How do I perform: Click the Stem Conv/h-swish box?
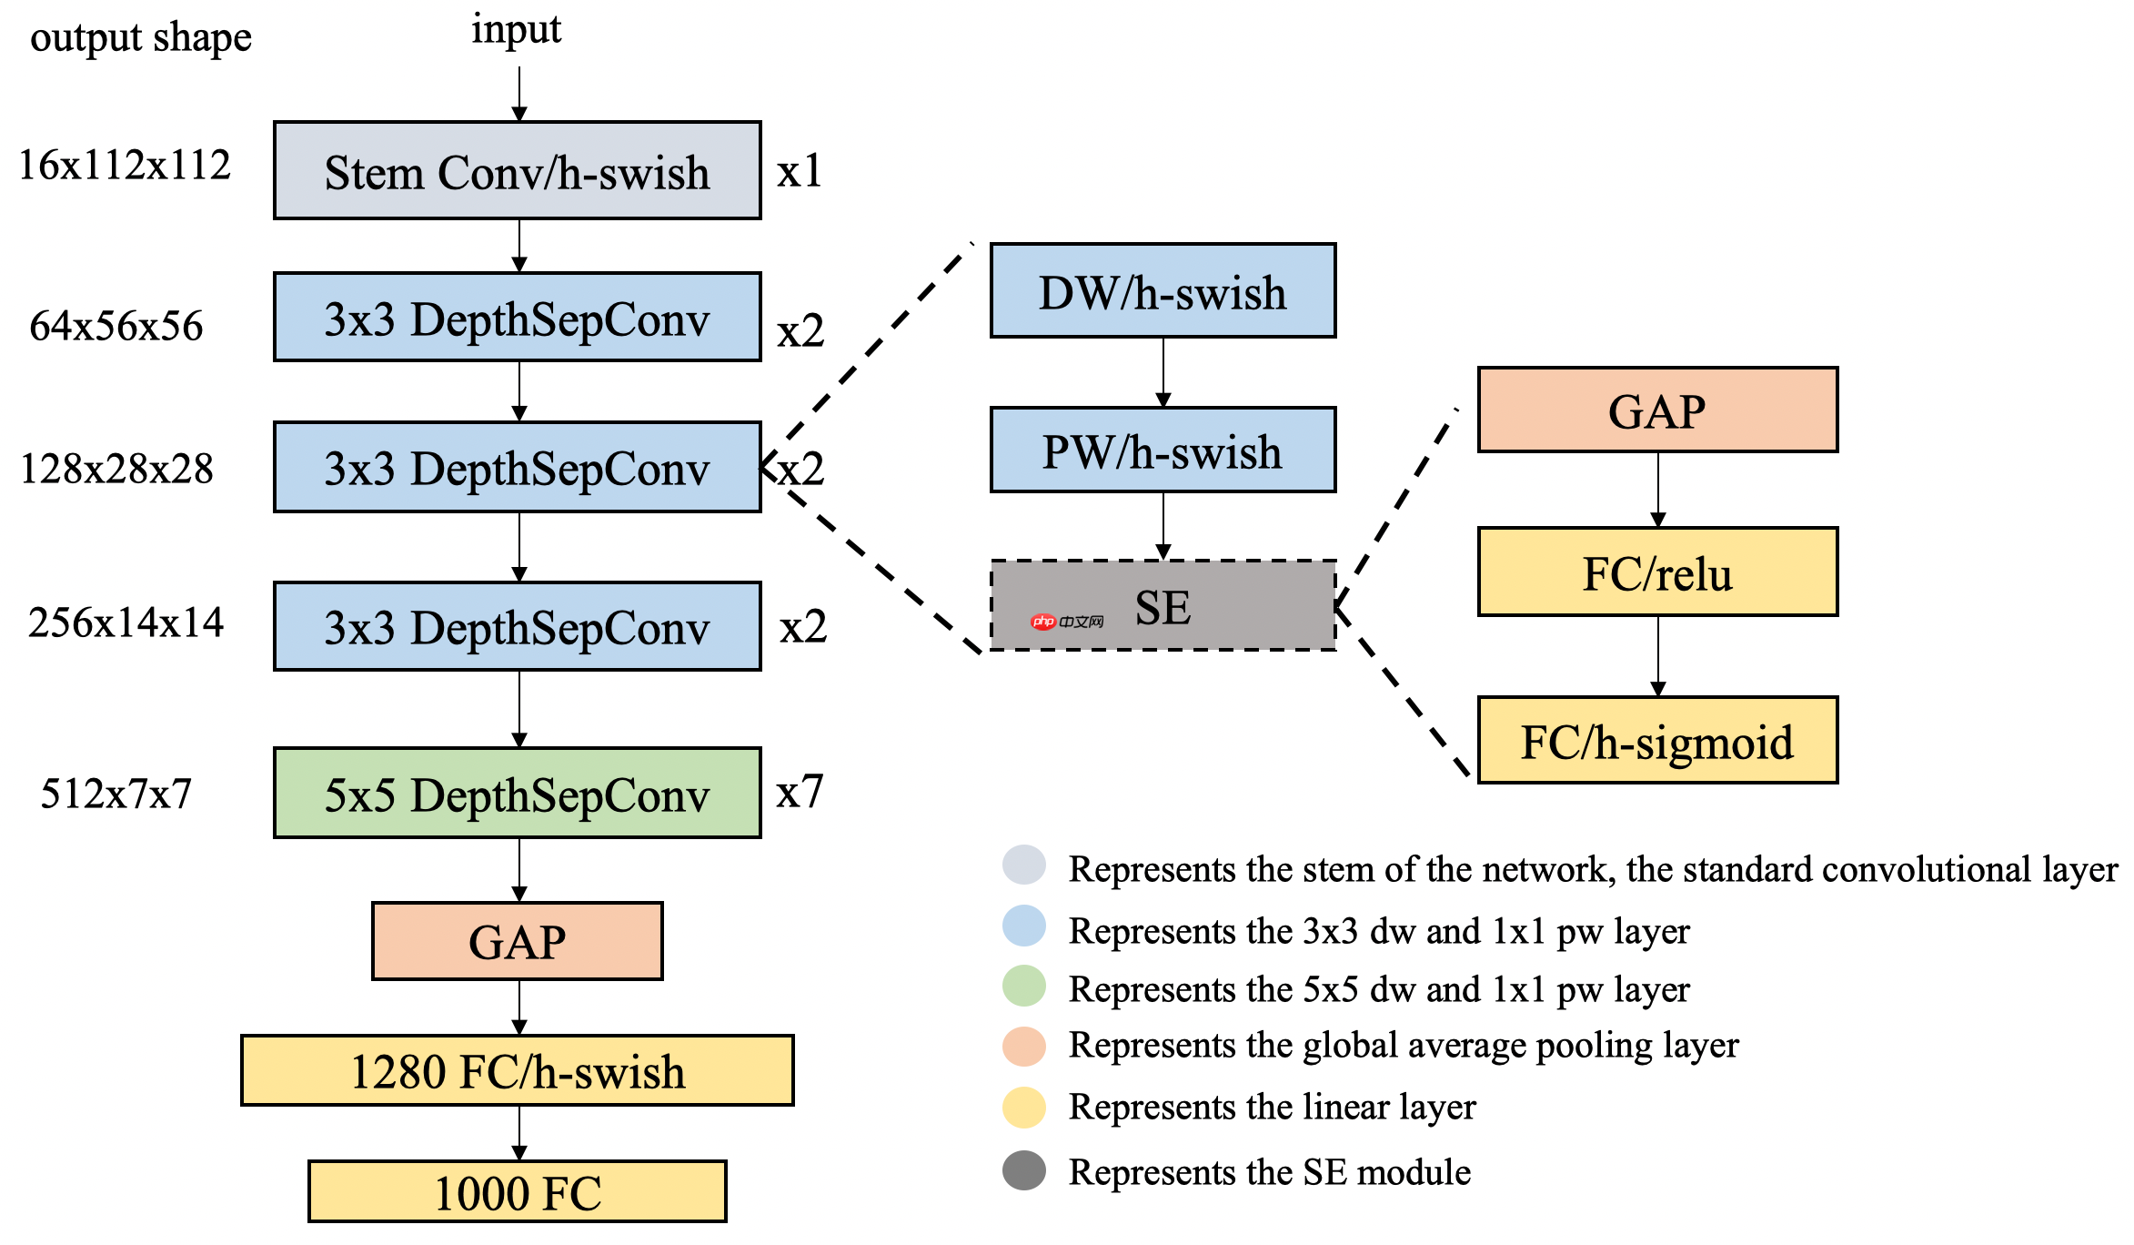pyautogui.click(x=517, y=170)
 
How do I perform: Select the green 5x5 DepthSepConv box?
pyautogui.click(x=517, y=793)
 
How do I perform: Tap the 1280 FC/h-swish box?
pyautogui.click(x=517, y=1070)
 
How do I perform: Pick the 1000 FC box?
pyautogui.click(x=517, y=1191)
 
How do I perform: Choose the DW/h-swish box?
pyautogui.click(x=1163, y=291)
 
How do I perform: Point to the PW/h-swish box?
pyautogui.click(x=1163, y=450)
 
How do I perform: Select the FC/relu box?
pyautogui.click(x=1657, y=572)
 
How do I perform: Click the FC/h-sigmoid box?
pyautogui.click(x=1657, y=741)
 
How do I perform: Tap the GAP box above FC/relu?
pyautogui.click(x=1657, y=410)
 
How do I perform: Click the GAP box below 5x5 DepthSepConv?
pyautogui.click(x=517, y=941)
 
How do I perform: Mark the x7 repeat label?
pyautogui.click(x=800, y=792)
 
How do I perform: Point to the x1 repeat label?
pyautogui.click(x=800, y=171)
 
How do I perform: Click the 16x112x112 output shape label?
pyautogui.click(x=125, y=166)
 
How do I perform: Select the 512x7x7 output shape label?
pyautogui.click(x=116, y=794)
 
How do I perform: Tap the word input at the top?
pyautogui.click(x=516, y=29)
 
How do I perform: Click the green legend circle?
pyautogui.click(x=1024, y=987)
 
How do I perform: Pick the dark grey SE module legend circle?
pyautogui.click(x=1024, y=1171)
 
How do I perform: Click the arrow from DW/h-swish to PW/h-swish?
pyautogui.click(x=1163, y=372)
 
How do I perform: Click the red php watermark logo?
pyautogui.click(x=1043, y=622)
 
